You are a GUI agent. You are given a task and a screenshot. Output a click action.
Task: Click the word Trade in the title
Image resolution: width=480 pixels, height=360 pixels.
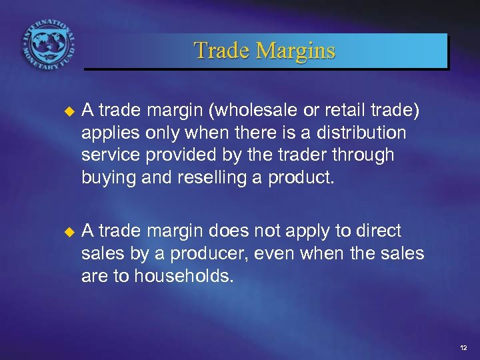[x=222, y=51]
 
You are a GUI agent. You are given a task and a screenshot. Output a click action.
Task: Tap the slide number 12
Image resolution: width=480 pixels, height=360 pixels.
[x=463, y=347]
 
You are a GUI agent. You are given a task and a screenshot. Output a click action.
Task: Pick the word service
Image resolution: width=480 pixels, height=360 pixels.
[x=109, y=155]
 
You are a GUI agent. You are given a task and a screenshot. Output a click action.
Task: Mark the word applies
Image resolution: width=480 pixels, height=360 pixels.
[x=108, y=133]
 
